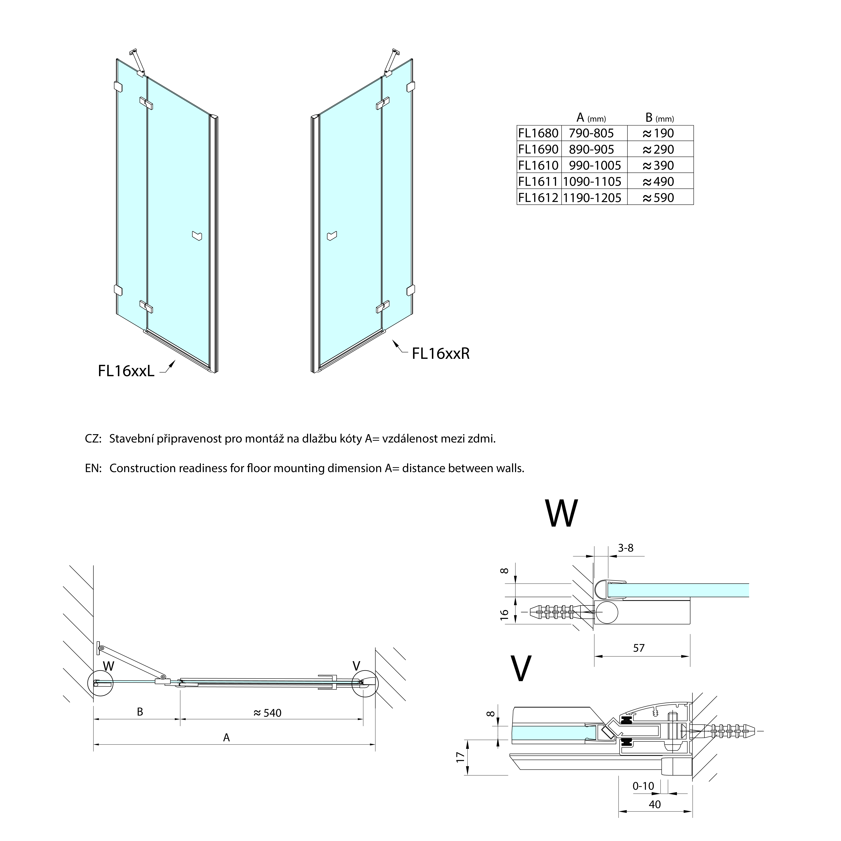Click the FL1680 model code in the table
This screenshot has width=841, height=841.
pyautogui.click(x=538, y=133)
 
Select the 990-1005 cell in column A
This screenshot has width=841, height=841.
pyautogui.click(x=595, y=165)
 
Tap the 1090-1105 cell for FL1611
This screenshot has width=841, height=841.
pyautogui.click(x=592, y=181)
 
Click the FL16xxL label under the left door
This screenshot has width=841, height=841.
pyautogui.click(x=126, y=371)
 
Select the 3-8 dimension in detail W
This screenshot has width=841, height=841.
pyautogui.click(x=625, y=548)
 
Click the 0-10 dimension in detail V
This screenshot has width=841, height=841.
pyautogui.click(x=643, y=786)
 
